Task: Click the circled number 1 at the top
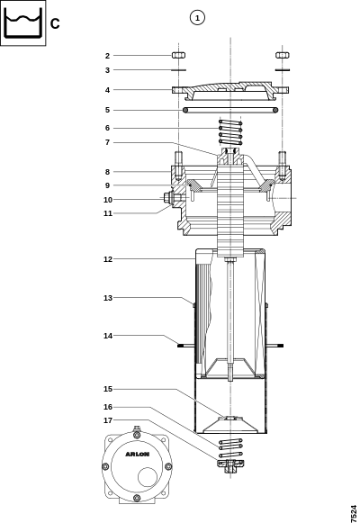coord(197,18)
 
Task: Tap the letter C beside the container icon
coord(55,23)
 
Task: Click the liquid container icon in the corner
coord(23,23)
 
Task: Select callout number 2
coord(107,56)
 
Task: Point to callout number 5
coord(107,110)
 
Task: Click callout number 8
coord(107,172)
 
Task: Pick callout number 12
coord(108,259)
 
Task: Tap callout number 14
coord(108,336)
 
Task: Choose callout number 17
coord(108,420)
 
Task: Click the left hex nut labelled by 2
coord(179,55)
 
